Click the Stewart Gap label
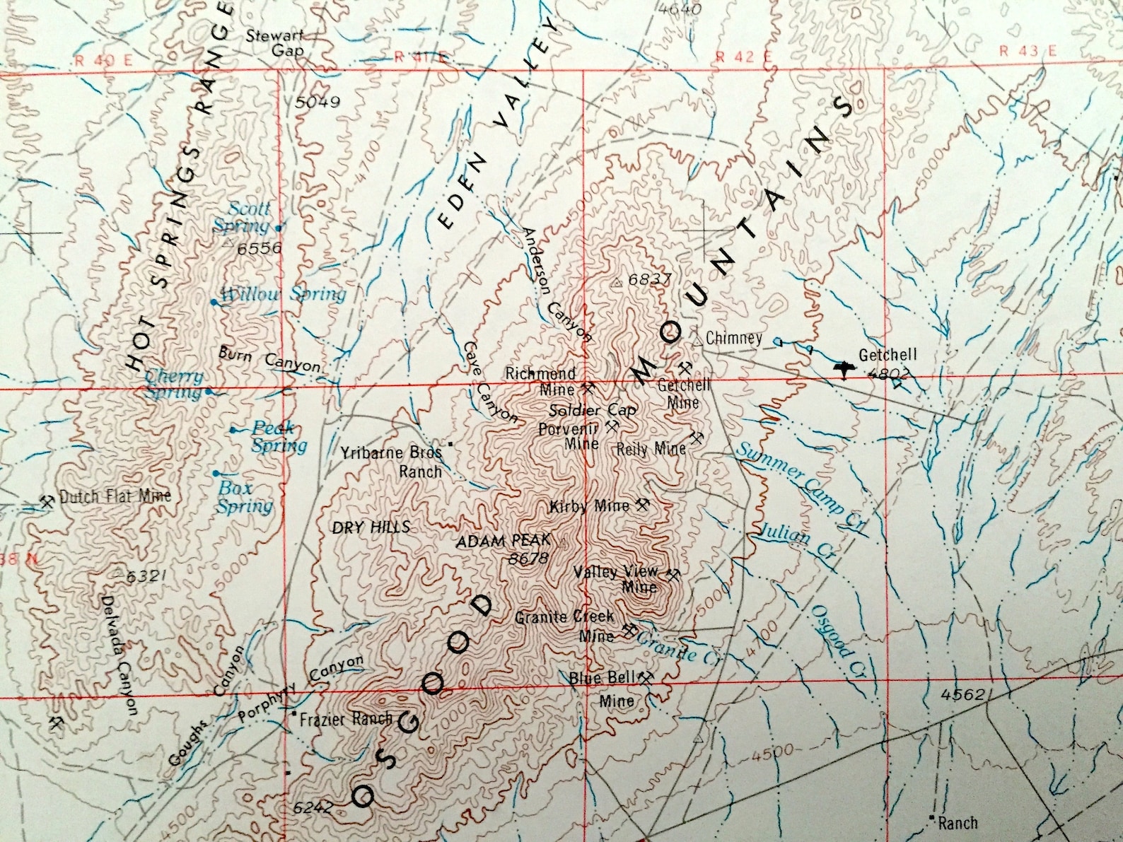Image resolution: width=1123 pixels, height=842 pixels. click(x=277, y=42)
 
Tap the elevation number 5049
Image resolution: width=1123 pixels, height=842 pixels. click(x=318, y=103)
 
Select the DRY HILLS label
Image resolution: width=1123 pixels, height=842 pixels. click(x=371, y=527)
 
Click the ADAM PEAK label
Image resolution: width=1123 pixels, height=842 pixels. click(x=503, y=542)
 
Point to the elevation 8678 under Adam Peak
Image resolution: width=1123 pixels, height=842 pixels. click(x=528, y=559)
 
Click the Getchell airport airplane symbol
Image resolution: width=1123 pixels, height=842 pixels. click(x=844, y=368)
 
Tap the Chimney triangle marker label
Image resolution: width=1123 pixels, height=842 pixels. click(x=733, y=338)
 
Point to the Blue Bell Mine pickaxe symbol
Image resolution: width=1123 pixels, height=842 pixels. click(x=645, y=677)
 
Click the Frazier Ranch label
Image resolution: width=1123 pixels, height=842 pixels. click(x=345, y=720)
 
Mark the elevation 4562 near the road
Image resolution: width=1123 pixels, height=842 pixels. click(x=962, y=695)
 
